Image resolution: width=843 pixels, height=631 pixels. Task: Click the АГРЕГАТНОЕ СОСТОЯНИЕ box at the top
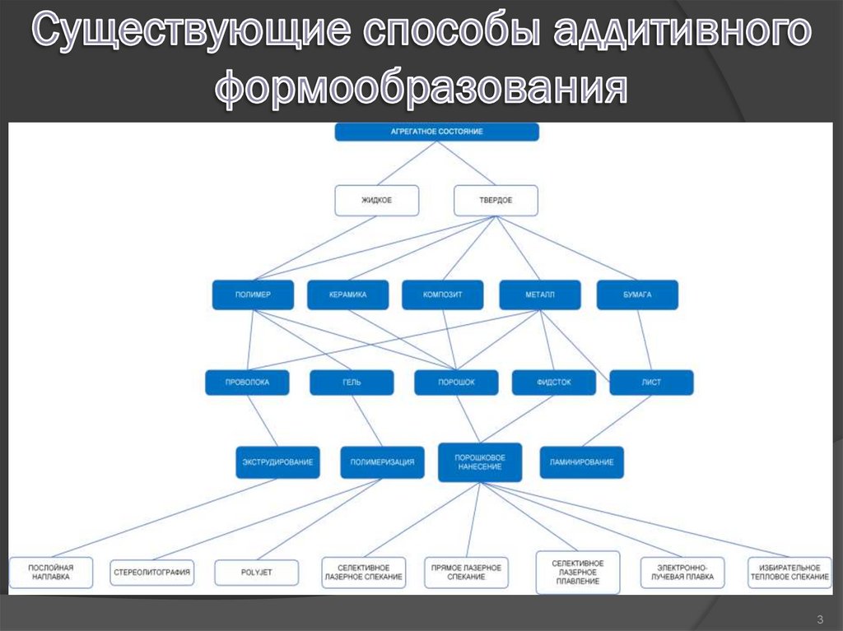436,132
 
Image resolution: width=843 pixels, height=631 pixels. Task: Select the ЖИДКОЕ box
376,200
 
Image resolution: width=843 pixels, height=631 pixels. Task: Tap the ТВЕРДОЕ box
496,200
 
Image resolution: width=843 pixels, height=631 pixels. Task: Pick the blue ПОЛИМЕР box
253,295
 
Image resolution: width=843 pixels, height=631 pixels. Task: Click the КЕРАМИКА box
347,295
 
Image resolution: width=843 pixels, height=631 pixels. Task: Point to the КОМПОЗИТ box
442,295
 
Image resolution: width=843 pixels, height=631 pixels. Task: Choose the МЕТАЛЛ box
539,295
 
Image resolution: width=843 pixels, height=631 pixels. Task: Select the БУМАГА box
636,295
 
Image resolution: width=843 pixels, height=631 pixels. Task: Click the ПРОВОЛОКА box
247,383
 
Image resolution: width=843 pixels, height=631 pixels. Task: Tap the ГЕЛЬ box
352,383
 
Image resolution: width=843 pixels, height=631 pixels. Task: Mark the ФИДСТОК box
553,383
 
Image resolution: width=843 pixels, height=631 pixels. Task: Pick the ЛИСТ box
651,383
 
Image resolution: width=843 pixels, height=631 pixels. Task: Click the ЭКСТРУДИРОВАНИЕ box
277,462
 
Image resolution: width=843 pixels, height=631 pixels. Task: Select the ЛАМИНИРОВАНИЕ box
581,462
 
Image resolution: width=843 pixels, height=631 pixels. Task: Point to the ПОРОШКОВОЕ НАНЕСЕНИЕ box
478,462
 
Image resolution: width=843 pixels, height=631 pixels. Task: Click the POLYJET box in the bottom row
255,572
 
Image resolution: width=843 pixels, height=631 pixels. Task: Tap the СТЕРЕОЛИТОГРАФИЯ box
151,572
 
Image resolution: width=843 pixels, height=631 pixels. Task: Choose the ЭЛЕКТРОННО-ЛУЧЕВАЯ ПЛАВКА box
682,573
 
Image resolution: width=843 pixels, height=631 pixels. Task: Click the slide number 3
820,619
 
